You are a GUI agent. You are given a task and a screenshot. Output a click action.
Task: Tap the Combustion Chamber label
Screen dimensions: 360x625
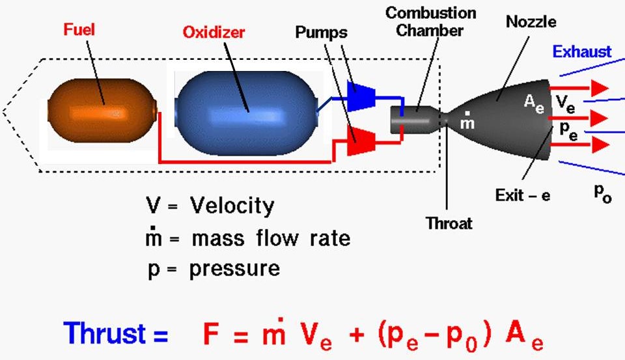click(x=430, y=21)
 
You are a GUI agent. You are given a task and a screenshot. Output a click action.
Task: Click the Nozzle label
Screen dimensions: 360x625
click(x=531, y=22)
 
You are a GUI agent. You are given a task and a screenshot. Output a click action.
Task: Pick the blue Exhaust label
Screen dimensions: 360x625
click(x=582, y=51)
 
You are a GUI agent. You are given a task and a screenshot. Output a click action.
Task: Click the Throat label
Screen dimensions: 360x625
click(x=449, y=223)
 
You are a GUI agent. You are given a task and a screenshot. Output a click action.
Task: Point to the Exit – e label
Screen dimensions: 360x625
click(x=523, y=195)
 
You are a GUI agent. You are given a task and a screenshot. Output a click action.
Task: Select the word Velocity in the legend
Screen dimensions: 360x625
click(x=232, y=206)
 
